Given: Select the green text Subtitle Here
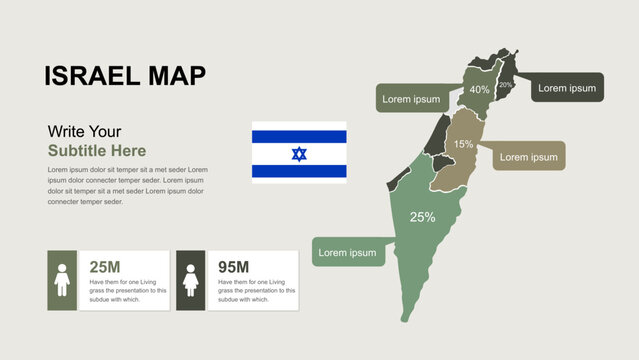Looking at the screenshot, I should (x=97, y=151).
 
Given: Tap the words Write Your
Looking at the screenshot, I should (x=84, y=131).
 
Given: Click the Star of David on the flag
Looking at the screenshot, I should (x=299, y=153).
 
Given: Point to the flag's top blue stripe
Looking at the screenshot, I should (x=299, y=136).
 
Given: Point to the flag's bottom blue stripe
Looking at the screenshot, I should (x=299, y=171).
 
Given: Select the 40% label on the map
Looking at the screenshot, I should (x=479, y=90).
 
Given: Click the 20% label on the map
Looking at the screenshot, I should (x=506, y=86).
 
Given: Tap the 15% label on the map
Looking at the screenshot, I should (x=464, y=145).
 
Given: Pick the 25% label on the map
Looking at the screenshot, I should (x=422, y=217).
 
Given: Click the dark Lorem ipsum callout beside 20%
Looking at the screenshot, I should (x=566, y=88).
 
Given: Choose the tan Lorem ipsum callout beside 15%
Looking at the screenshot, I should (x=528, y=157).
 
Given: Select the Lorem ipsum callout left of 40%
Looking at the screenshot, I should (x=412, y=99).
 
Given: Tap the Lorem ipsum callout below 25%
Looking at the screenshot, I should (x=348, y=253).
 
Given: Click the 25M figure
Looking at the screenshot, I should (x=105, y=267).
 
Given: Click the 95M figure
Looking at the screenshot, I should (x=233, y=267).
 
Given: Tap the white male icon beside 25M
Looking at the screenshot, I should (x=62, y=280).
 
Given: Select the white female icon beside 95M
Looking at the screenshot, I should (x=190, y=280).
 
